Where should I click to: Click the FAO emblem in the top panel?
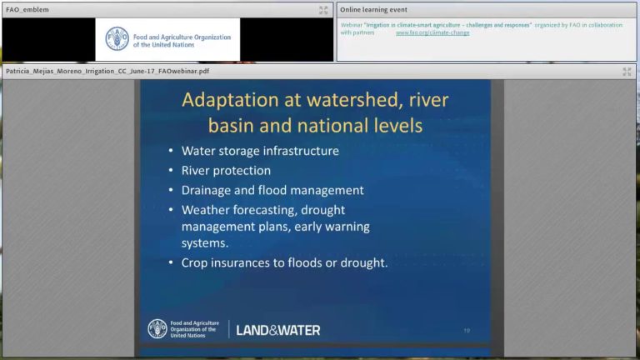click(x=117, y=38)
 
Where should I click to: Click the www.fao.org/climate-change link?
click(x=432, y=33)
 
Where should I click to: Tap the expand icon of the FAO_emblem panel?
click(x=323, y=10)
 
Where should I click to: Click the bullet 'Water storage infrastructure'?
click(x=260, y=151)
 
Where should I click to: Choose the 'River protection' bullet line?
click(x=226, y=170)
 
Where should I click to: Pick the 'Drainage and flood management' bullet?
click(x=272, y=190)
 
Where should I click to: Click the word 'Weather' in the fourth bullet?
click(x=208, y=210)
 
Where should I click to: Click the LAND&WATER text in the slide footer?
click(x=277, y=330)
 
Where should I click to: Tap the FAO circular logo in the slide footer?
click(x=157, y=328)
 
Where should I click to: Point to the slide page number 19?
click(x=467, y=331)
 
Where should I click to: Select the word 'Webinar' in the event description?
click(x=352, y=25)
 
